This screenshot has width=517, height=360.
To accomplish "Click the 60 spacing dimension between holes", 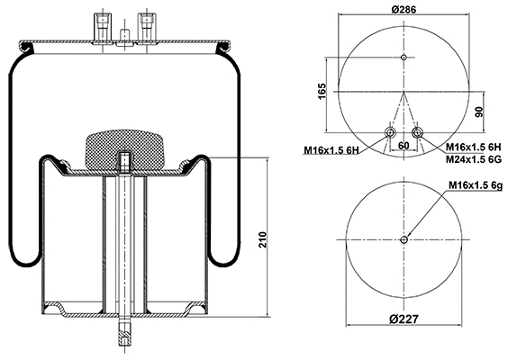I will coord(403,145).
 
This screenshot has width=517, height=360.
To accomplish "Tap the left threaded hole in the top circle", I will coord(390,133).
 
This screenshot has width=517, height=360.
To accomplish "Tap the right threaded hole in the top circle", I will coord(416,133).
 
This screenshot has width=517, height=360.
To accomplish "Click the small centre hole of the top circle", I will coord(404,58).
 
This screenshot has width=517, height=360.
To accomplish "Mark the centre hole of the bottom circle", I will coord(404,239).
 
